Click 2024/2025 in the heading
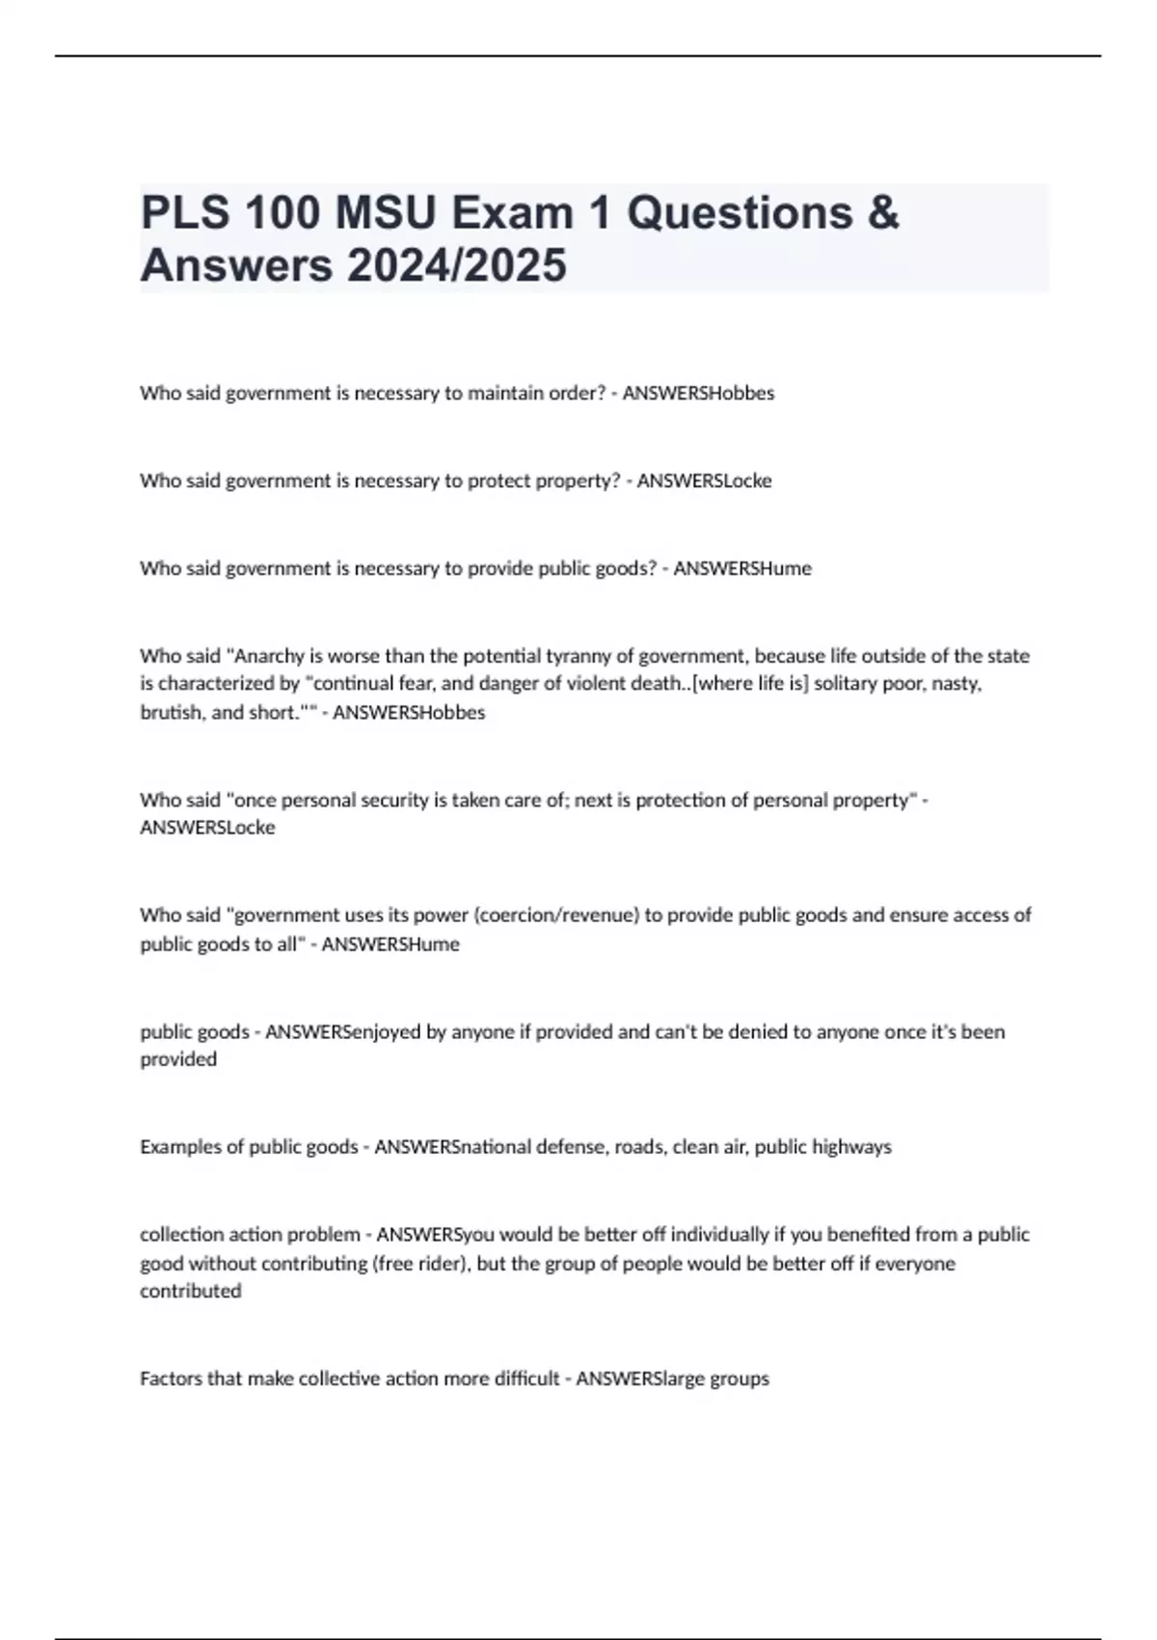[x=456, y=265]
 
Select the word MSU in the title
[x=385, y=213]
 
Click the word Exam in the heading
[x=512, y=213]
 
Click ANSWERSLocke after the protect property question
[x=704, y=480]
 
